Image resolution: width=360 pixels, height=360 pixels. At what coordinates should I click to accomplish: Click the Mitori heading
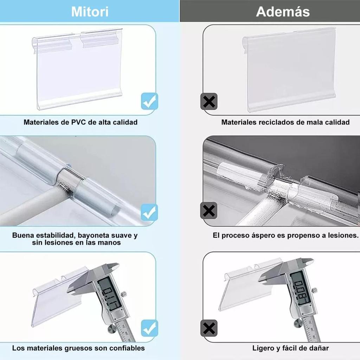(x=90, y=12)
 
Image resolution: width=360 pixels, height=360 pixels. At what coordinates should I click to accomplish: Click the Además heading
(x=283, y=12)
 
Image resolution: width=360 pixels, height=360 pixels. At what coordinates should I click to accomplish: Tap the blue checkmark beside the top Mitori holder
(x=149, y=101)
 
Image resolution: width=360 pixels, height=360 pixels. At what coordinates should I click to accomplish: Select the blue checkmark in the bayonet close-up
(x=149, y=212)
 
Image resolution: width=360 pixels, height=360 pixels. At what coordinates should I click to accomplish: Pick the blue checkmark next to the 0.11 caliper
(x=149, y=328)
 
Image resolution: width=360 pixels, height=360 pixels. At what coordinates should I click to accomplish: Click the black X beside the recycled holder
(x=209, y=101)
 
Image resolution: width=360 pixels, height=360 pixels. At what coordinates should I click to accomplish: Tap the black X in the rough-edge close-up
(x=209, y=211)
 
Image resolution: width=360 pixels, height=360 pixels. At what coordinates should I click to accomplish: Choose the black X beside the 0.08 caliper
(x=209, y=328)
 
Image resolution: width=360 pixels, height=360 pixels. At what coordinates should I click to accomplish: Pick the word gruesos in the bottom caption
(x=78, y=348)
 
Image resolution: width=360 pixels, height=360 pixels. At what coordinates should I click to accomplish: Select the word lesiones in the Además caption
(x=343, y=235)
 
